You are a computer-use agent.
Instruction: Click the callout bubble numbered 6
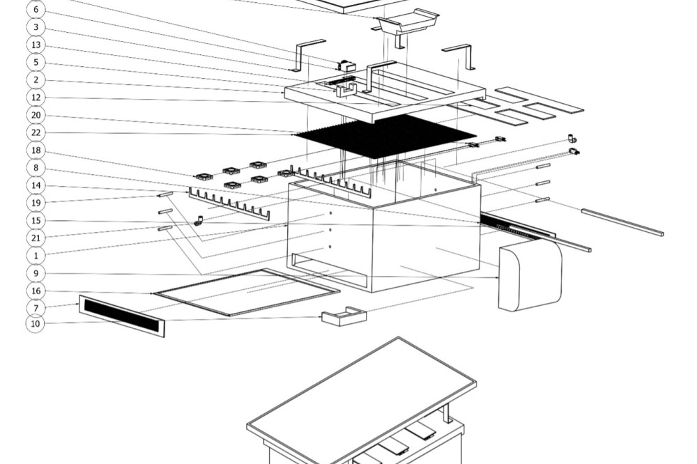(36, 10)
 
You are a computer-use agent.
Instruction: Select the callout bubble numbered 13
(36, 45)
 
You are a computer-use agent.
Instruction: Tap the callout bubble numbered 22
(36, 132)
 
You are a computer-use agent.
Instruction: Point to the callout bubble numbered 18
(36, 150)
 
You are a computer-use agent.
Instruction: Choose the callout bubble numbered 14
(36, 185)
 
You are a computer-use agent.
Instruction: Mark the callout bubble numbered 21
(36, 238)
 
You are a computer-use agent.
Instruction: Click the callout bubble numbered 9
(36, 273)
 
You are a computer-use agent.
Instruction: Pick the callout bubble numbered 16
(36, 291)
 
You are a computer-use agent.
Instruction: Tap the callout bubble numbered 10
(36, 323)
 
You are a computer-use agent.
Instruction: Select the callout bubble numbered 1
(36, 256)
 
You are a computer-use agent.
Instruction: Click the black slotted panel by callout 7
(122, 316)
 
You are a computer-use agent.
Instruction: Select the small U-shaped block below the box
(343, 317)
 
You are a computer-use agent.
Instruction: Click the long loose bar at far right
(622, 222)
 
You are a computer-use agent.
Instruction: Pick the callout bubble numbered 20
(36, 115)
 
